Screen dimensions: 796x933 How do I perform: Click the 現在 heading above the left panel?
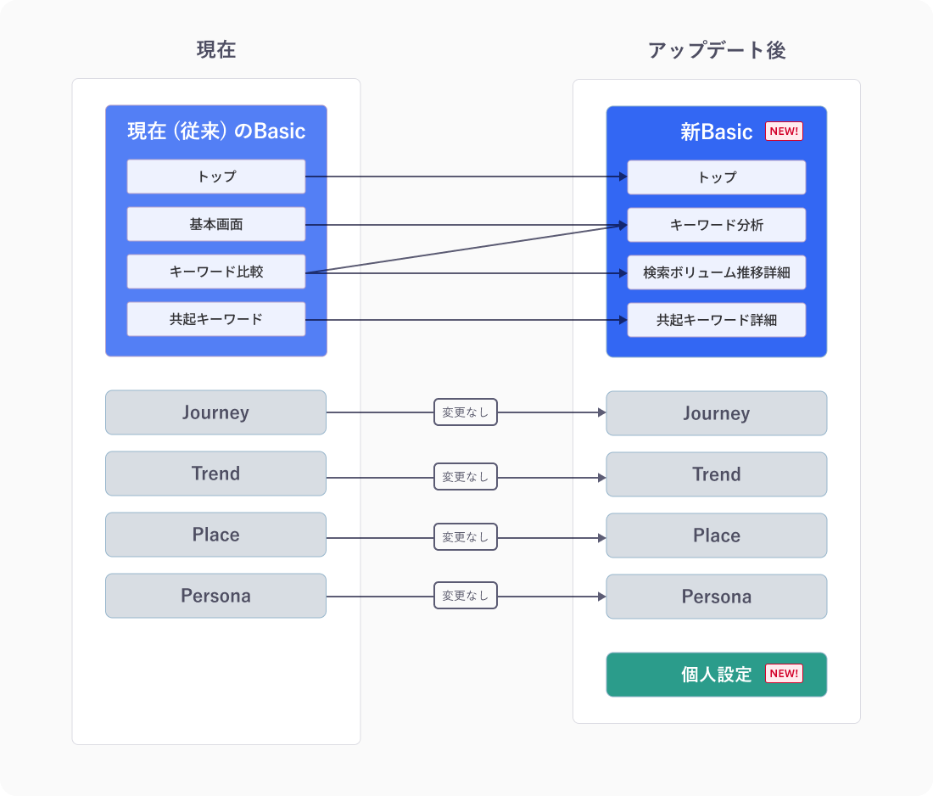pyautogui.click(x=216, y=50)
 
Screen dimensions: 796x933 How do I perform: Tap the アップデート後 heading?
pyautogui.click(x=717, y=50)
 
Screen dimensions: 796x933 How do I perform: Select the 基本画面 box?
pyautogui.click(x=216, y=224)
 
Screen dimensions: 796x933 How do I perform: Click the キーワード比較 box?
pyautogui.click(x=216, y=272)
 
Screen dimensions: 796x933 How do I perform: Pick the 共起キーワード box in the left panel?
pyautogui.click(x=216, y=319)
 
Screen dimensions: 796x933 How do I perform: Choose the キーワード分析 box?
pyautogui.click(x=717, y=225)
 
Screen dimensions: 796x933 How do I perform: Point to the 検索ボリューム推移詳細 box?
pyautogui.click(x=717, y=272)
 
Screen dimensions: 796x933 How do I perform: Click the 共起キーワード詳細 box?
pyautogui.click(x=717, y=320)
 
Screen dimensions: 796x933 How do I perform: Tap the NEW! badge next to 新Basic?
pyautogui.click(x=784, y=132)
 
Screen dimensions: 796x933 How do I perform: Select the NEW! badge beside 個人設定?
pyautogui.click(x=784, y=674)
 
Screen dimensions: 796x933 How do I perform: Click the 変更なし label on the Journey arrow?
pyautogui.click(x=466, y=412)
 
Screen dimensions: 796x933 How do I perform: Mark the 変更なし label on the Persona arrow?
pyautogui.click(x=466, y=596)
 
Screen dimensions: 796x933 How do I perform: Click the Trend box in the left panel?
pyautogui.click(x=216, y=474)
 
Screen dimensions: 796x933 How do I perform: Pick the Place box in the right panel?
pyautogui.click(x=717, y=535)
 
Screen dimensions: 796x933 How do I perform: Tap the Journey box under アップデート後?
pyautogui.click(x=717, y=413)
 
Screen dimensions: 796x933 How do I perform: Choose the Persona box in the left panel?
pyautogui.click(x=216, y=596)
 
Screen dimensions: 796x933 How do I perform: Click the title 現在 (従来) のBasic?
pyautogui.click(x=216, y=132)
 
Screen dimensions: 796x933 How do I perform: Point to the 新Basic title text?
pyautogui.click(x=716, y=132)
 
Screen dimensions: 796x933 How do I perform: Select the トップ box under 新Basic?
pyautogui.click(x=717, y=177)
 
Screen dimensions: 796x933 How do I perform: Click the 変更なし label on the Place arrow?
pyautogui.click(x=466, y=536)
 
